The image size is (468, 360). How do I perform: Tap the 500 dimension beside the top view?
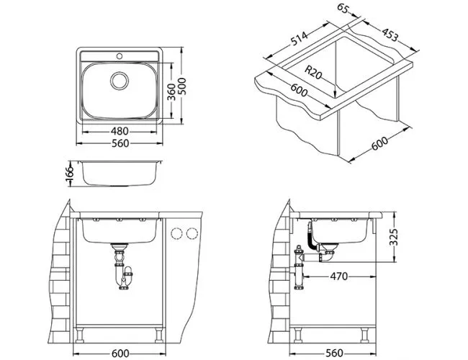(x=189, y=89)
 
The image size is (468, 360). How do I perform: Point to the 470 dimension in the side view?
(x=338, y=276)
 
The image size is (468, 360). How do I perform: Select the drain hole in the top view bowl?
(x=120, y=79)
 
